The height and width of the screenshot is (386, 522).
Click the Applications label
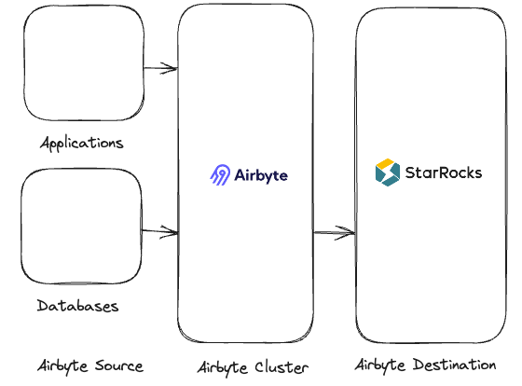coord(82,144)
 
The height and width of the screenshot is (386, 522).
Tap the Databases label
coord(78,306)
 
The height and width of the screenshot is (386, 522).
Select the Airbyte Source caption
coord(90,365)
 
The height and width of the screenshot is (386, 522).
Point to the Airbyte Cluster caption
coord(253,366)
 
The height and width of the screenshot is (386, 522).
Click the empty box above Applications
coord(85,65)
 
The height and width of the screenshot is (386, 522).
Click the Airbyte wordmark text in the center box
coord(261,175)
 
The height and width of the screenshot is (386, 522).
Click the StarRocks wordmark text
coord(443,172)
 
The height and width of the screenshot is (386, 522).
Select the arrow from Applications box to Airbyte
coord(160,67)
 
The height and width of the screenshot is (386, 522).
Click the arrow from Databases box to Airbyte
coord(159,230)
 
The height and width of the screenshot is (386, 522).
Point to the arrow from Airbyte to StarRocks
coord(334,232)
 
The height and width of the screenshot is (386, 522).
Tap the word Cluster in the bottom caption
coord(282,366)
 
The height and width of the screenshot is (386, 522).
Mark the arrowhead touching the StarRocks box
coord(350,232)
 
